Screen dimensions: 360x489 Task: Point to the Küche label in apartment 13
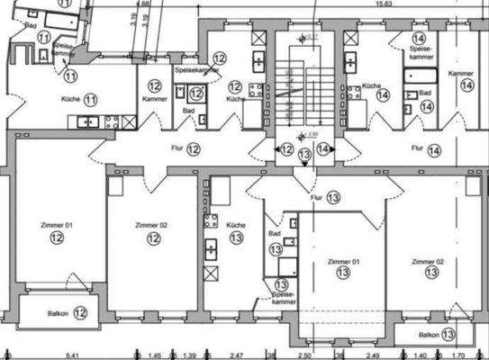coord(235,226)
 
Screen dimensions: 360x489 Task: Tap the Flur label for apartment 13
coord(316,195)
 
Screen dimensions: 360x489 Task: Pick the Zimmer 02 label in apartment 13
coord(428,261)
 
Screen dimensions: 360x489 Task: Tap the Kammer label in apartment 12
coord(154,98)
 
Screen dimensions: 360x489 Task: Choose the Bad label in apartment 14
coord(424,93)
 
